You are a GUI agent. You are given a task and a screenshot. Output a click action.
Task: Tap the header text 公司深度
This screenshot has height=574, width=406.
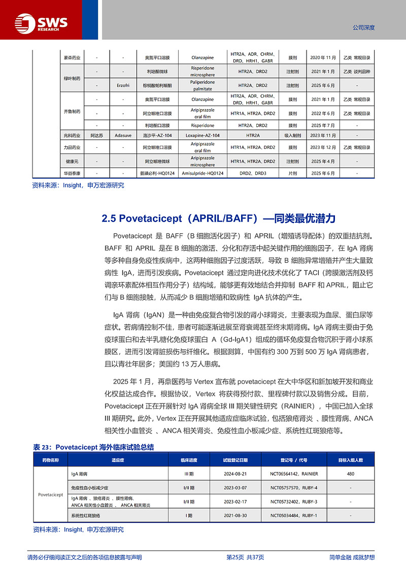(x=363, y=28)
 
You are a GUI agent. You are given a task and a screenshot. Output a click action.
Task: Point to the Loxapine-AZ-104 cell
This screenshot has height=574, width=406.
(x=202, y=136)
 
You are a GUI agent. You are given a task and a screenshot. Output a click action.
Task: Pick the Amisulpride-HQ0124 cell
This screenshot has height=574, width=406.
(x=202, y=173)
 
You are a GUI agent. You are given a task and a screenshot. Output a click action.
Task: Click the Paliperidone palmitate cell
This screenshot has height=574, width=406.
(x=202, y=85)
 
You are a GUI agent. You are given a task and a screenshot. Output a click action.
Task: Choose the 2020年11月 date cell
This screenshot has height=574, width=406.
(x=323, y=57)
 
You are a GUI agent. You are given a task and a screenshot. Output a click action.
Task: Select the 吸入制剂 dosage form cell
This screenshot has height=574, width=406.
(x=293, y=136)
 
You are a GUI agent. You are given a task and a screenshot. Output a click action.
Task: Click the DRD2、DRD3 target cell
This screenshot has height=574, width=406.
(x=253, y=173)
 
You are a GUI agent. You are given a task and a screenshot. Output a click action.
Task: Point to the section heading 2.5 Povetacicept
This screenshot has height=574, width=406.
(x=219, y=219)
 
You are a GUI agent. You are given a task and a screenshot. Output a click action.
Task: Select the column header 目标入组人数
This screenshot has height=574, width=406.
(x=351, y=460)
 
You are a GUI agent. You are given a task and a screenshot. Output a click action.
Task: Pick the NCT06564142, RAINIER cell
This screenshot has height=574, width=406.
(x=294, y=474)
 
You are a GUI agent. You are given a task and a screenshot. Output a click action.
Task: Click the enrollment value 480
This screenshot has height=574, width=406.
(x=351, y=474)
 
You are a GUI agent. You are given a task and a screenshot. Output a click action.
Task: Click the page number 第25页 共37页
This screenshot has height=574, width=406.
(x=245, y=557)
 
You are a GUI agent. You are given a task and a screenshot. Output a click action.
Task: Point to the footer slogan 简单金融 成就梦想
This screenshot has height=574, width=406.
(x=352, y=557)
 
